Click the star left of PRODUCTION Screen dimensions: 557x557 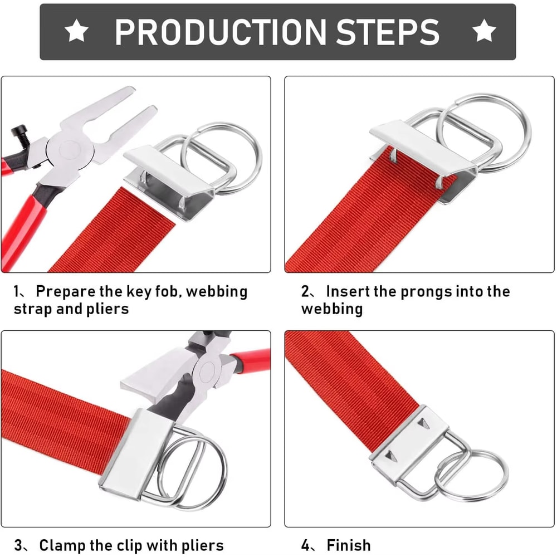point(76,32)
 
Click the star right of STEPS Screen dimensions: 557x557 point(484,32)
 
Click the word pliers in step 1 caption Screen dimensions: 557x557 point(105,309)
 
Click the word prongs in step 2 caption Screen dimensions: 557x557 point(419,291)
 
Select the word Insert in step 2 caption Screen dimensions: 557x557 point(349,291)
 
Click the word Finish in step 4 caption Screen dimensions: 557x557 point(349,545)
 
